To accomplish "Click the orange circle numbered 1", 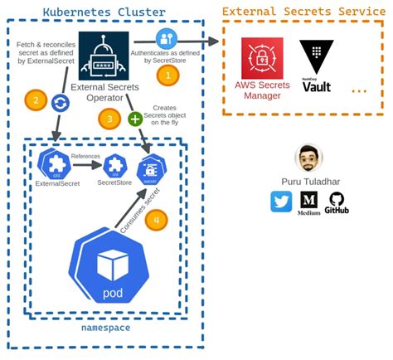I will tap(168, 74).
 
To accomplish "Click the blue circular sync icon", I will tap(61, 102).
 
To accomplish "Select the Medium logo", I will tap(308, 202).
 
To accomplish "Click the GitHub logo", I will tap(337, 201).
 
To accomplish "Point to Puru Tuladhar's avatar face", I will tap(309, 158).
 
